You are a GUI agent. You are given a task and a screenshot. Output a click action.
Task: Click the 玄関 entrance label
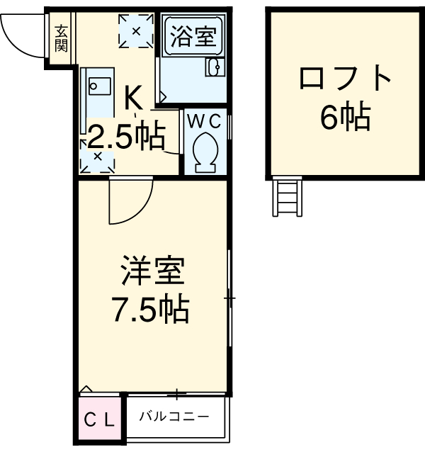[62, 38]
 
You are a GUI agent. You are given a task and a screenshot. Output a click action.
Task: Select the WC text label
[206, 119]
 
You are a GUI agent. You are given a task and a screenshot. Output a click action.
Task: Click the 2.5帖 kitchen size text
[125, 134]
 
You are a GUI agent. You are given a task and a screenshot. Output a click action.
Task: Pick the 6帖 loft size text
[345, 117]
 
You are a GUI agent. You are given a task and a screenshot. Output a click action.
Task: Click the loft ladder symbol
[289, 197]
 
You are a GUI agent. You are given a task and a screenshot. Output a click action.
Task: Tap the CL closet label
[99, 419]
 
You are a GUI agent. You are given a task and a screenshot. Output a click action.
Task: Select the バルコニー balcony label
[174, 416]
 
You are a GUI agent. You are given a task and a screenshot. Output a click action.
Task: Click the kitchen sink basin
[97, 86]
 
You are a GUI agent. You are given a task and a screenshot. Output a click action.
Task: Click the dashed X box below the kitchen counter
[97, 157]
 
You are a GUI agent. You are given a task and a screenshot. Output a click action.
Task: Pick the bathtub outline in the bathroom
[192, 37]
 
